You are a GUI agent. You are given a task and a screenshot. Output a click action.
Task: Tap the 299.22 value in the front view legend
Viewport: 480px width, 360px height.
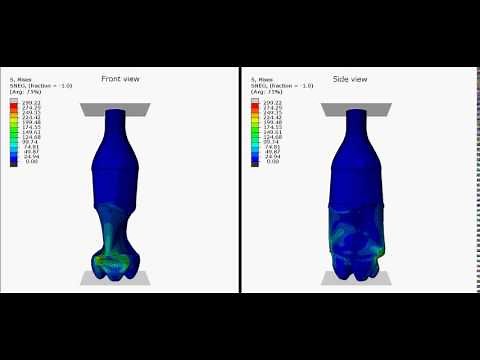click(32, 103)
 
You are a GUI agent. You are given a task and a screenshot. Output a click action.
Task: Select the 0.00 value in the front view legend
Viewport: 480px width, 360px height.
click(32, 162)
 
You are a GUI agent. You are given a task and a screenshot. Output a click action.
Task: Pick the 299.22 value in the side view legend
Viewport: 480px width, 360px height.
click(272, 103)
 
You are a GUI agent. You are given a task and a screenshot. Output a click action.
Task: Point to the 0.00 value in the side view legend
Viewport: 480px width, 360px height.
click(272, 162)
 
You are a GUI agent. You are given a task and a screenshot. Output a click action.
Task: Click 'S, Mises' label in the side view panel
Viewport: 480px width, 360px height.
click(260, 79)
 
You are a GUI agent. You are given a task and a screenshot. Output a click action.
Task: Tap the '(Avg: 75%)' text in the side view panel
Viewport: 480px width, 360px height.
click(264, 91)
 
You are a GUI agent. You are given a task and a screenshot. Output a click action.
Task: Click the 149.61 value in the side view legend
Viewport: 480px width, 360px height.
click(272, 132)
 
